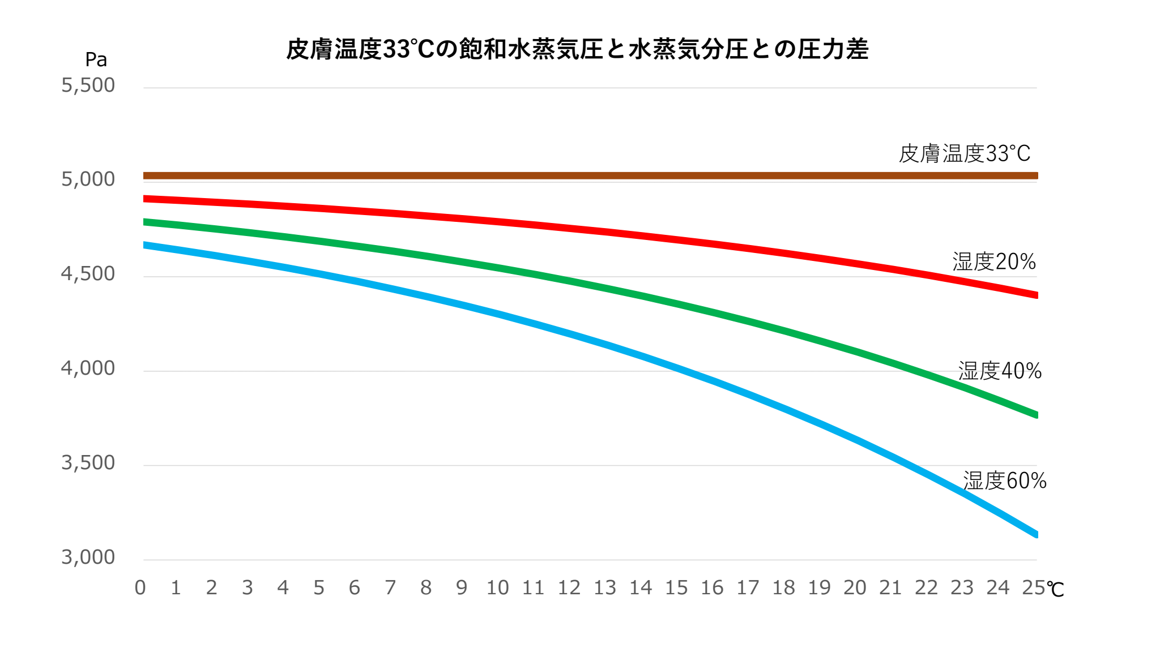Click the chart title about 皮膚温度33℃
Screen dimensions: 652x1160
(577, 49)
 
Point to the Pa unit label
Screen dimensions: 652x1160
(96, 59)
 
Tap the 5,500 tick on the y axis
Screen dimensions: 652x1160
(88, 85)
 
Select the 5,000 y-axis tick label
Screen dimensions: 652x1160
(88, 179)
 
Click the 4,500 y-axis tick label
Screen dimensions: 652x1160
(88, 274)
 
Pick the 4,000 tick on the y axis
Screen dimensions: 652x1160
(88, 368)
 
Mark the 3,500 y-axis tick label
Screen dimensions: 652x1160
(88, 463)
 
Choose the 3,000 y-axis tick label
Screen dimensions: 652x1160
(88, 557)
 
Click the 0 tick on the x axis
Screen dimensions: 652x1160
(140, 588)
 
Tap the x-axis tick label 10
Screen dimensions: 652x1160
(497, 588)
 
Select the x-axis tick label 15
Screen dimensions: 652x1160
(676, 588)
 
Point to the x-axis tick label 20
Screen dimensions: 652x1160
(855, 588)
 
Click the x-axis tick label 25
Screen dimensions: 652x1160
(1033, 588)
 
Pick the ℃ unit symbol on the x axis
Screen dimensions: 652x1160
(1056, 590)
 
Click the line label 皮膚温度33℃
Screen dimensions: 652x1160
(965, 153)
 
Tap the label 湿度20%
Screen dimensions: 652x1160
(994, 261)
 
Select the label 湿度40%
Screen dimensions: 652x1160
(1000, 371)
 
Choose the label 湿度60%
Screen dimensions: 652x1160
(1004, 481)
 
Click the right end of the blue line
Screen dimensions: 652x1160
(1036, 534)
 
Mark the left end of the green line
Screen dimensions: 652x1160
(145, 222)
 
